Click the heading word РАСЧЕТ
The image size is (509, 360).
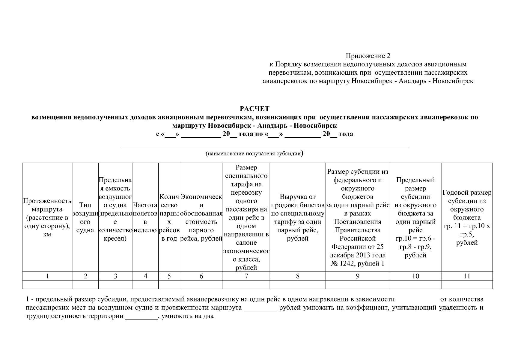click(x=255, y=109)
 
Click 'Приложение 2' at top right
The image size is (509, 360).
click(x=368, y=56)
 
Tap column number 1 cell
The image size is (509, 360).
click(x=47, y=276)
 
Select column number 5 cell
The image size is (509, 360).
click(x=169, y=276)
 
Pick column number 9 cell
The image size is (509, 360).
click(x=358, y=276)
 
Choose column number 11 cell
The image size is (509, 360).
click(x=467, y=276)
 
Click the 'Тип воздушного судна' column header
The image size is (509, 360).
click(x=85, y=217)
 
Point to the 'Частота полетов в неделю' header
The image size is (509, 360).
click(x=145, y=217)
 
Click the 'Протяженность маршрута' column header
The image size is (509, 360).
click(x=47, y=217)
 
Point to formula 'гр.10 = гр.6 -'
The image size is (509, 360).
click(x=415, y=239)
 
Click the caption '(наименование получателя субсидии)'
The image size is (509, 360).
click(x=255, y=154)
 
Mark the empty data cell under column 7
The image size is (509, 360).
click(x=246, y=284)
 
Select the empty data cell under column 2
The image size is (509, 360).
click(x=85, y=284)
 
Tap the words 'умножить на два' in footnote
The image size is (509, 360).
click(x=187, y=316)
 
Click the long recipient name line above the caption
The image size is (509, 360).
click(x=265, y=147)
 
